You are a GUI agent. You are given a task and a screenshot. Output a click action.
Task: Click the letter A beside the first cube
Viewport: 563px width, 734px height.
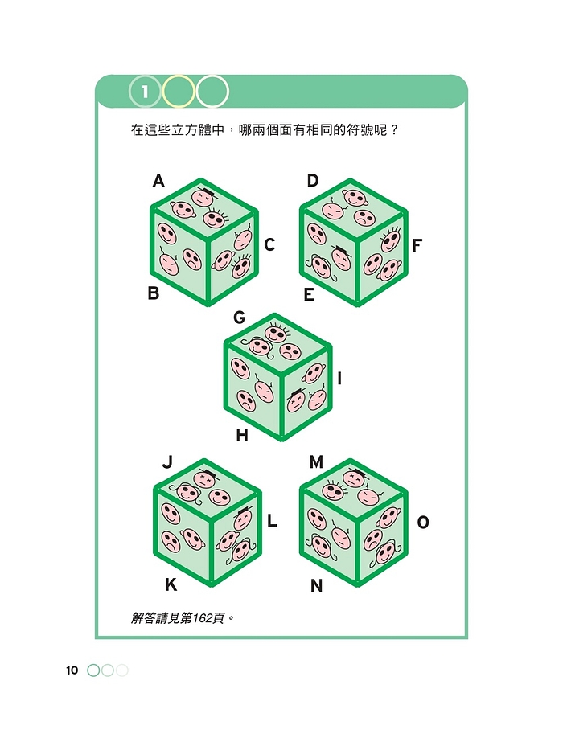[158, 181]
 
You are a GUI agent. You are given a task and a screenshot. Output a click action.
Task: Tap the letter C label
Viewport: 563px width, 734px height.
[269, 245]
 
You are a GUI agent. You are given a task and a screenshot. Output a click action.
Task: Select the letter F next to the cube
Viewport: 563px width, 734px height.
[417, 245]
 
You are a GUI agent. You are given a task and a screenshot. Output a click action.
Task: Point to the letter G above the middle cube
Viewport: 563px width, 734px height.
[239, 318]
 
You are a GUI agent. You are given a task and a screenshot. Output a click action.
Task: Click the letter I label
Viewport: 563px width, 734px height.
[339, 378]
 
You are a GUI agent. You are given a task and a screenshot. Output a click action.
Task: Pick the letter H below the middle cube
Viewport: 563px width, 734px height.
[241, 436]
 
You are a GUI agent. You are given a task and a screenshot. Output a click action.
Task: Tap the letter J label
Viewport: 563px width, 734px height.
[167, 462]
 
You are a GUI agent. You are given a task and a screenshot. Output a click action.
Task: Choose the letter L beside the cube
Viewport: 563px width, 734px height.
[272, 520]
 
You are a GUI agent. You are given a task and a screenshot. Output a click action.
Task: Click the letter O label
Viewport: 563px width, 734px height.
[423, 522]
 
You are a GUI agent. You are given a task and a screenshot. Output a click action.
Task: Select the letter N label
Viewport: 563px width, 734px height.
[317, 585]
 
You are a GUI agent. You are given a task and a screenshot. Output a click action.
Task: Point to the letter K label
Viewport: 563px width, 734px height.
[171, 584]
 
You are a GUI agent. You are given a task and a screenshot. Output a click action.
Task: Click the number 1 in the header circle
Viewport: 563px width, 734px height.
[145, 92]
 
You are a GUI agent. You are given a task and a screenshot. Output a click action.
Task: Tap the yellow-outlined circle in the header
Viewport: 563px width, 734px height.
[178, 92]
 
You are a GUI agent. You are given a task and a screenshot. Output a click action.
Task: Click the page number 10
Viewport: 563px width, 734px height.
[72, 670]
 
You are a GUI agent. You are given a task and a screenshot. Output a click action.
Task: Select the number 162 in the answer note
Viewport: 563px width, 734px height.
[202, 618]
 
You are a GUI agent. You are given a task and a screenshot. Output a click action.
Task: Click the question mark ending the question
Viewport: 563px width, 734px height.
[393, 129]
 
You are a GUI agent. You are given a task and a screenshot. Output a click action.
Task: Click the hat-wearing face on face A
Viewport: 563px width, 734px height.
[203, 196]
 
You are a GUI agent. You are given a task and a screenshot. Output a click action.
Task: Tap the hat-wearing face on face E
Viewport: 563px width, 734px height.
[340, 256]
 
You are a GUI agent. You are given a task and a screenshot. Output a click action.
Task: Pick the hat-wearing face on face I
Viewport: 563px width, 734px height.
[297, 400]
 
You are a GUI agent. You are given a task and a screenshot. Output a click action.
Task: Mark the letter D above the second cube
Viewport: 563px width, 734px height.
[312, 181]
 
